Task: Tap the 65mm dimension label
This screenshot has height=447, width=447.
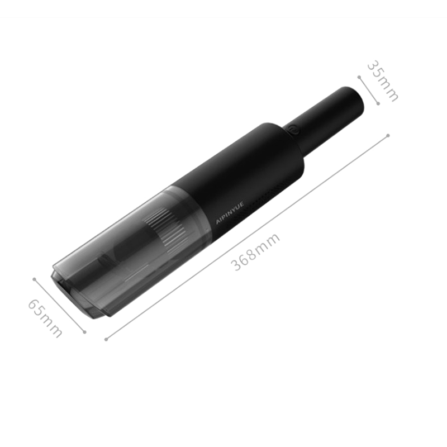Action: click(x=45, y=318)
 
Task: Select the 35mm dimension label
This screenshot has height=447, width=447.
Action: click(x=382, y=81)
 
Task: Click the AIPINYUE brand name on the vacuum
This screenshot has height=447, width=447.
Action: click(x=230, y=213)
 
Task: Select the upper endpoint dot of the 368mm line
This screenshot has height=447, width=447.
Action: click(x=388, y=136)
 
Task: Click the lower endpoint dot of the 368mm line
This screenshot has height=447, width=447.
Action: click(x=106, y=339)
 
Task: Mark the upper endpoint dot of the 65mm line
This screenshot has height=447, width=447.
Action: click(x=34, y=279)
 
